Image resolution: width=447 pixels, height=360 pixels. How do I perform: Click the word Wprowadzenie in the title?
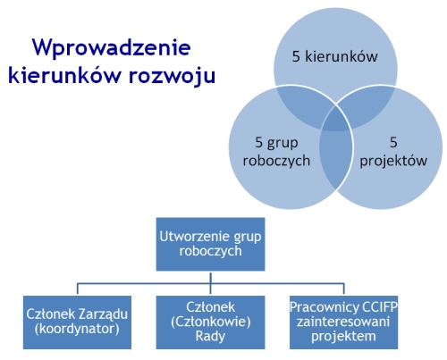pos(111,47)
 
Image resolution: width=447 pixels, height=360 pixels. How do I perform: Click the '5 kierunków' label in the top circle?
pos(334,56)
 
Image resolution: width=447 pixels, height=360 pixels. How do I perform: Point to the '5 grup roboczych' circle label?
pos(276,152)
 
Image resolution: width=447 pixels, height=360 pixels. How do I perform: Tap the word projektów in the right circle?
pos(393,161)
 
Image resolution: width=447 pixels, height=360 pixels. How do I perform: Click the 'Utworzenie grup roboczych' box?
pos(210,244)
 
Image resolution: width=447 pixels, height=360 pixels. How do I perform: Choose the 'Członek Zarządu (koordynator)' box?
pos(77,322)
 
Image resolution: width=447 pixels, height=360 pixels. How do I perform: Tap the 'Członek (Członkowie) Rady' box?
pos(210,322)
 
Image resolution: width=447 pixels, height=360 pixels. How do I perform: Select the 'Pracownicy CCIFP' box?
pos(343,322)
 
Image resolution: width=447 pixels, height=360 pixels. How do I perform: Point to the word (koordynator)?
pos(77,329)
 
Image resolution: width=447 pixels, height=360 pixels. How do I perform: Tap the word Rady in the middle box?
pos(210,336)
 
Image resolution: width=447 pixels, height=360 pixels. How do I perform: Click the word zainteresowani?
pos(343,322)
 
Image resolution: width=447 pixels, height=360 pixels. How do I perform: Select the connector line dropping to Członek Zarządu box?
pos(78,289)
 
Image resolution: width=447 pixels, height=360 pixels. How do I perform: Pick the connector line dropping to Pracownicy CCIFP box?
pos(344,289)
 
